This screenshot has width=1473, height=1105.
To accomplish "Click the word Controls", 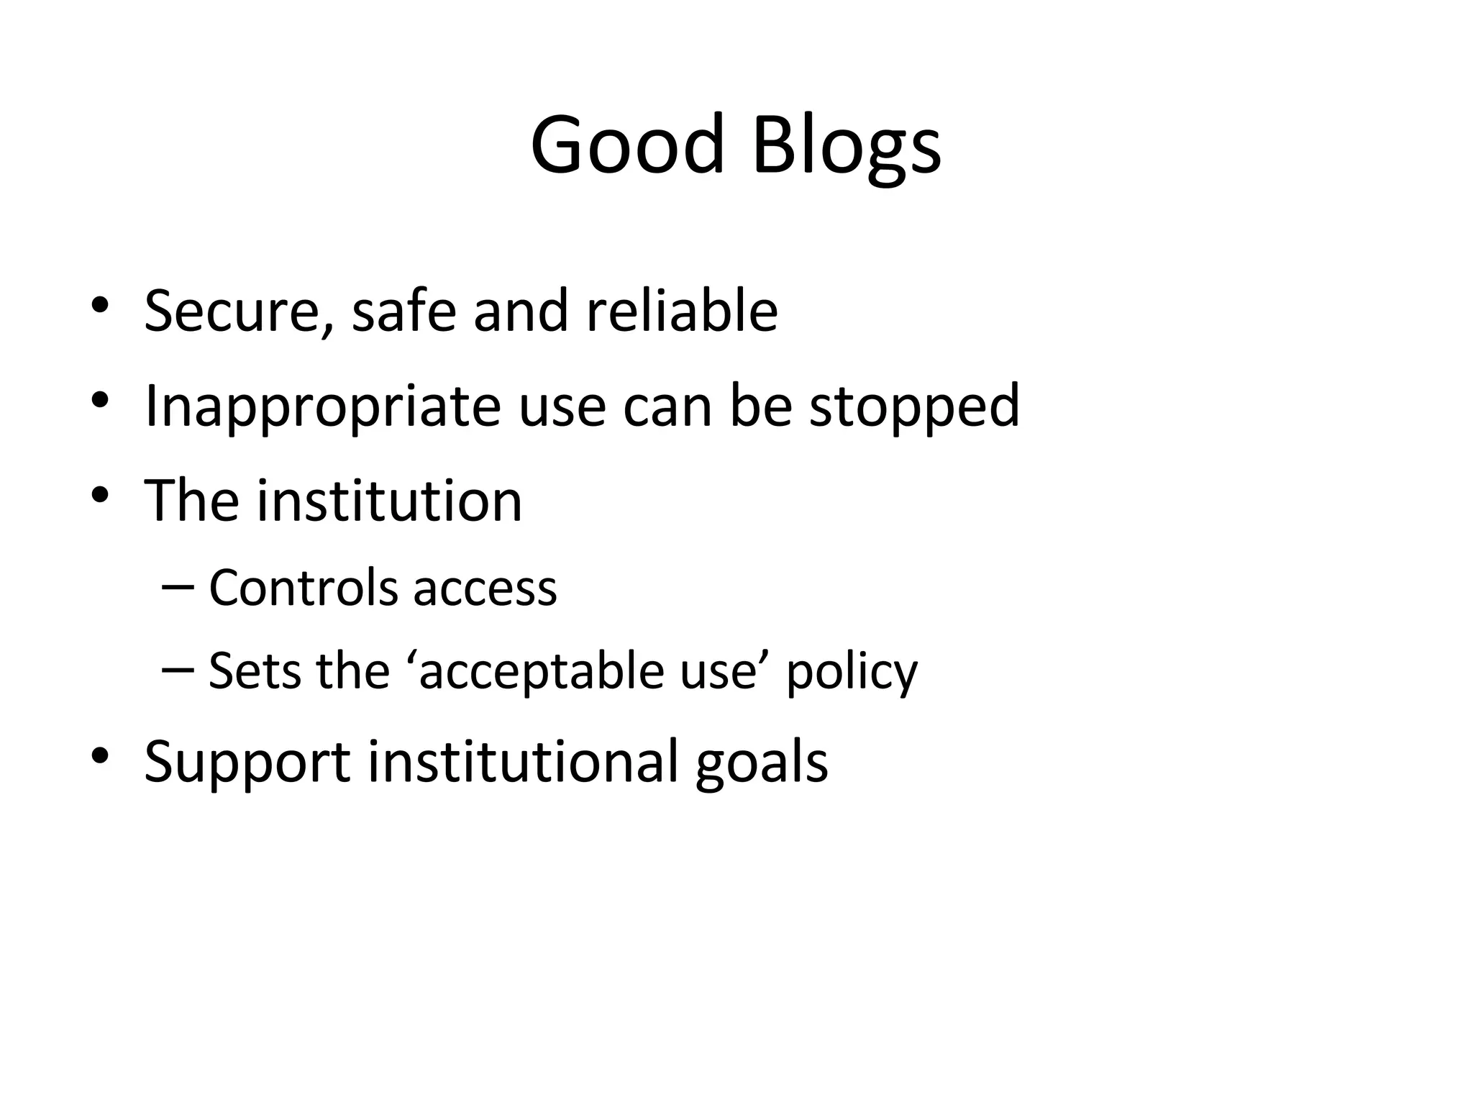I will [x=303, y=588].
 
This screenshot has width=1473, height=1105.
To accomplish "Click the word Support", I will [x=247, y=763].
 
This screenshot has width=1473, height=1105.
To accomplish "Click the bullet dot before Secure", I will [x=100, y=306].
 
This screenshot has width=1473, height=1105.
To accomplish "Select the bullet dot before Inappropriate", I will [x=100, y=400].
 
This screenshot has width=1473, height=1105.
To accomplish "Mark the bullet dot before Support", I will [x=100, y=756].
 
